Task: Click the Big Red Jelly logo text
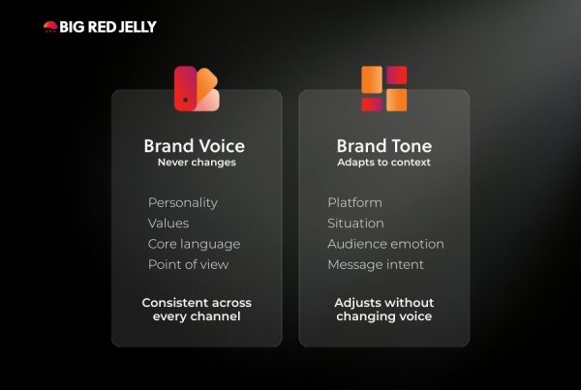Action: pos(107,27)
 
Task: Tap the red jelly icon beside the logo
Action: pos(50,27)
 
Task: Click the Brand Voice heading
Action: pos(195,146)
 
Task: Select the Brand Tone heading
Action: pos(384,146)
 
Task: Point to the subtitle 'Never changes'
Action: pos(197,163)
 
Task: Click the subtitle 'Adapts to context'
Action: pos(384,163)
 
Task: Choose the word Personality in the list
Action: pos(183,202)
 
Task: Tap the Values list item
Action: pos(168,224)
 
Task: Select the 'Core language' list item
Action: pos(194,244)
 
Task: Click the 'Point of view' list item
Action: pos(188,264)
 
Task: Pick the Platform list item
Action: pos(354,202)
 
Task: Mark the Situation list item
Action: pos(355,224)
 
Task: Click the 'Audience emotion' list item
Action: pos(385,244)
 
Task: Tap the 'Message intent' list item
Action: pos(376,264)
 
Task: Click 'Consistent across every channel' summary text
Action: pos(197,310)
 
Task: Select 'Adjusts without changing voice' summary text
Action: pos(384,310)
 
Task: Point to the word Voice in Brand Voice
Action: pos(222,146)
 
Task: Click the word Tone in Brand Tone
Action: pos(412,146)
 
